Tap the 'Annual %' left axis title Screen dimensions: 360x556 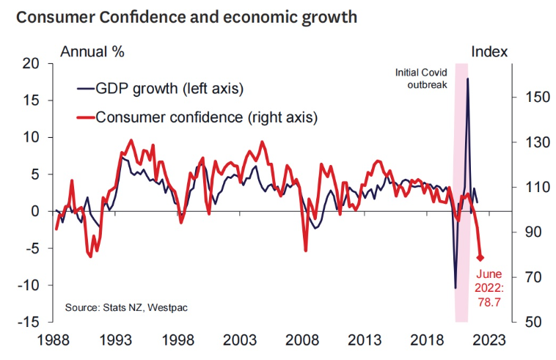tap(92, 51)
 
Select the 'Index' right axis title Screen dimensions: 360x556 tap(489, 51)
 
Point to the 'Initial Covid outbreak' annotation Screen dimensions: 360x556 tap(421, 78)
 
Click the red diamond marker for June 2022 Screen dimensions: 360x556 tap(481, 257)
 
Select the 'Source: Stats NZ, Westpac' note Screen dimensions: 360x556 tap(125, 306)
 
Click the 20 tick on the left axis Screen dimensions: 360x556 tap(30, 64)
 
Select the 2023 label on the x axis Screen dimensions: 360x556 tap(489, 340)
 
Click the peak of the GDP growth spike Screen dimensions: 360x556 tap(467, 78)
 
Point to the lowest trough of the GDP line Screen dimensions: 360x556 tap(456, 288)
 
